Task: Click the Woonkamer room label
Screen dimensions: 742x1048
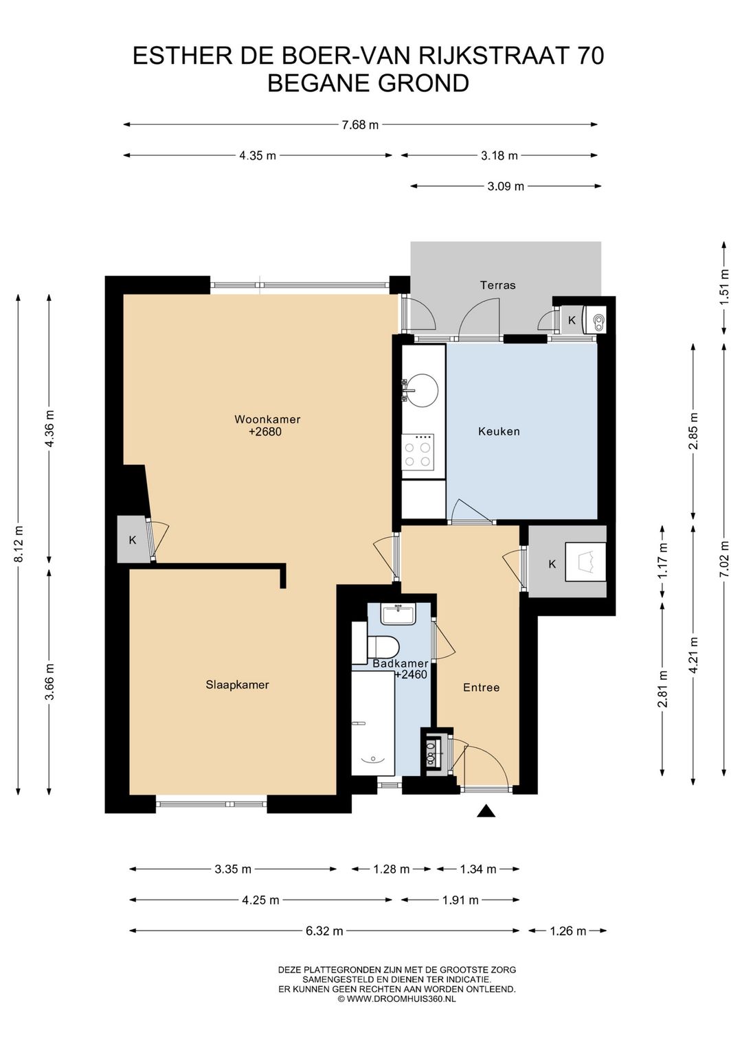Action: [267, 419]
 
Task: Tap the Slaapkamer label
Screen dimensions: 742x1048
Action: [237, 685]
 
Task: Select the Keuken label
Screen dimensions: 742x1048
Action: [499, 431]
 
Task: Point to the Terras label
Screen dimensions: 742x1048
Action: [497, 285]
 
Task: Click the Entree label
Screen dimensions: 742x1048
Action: [481, 687]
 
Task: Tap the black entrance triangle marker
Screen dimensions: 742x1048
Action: [486, 811]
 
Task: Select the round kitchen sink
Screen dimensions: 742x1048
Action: [423, 389]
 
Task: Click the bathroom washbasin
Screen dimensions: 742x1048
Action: [398, 614]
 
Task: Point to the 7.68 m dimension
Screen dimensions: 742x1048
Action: [360, 125]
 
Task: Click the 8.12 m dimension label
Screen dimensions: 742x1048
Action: [19, 544]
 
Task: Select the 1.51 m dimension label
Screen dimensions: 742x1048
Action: [724, 288]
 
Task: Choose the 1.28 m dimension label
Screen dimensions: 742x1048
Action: [391, 869]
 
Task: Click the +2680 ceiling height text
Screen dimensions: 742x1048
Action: [265, 431]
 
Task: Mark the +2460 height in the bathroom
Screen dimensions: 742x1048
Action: [411, 674]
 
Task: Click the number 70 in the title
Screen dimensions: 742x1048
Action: [590, 56]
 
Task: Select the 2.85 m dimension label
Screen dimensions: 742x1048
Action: [693, 431]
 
